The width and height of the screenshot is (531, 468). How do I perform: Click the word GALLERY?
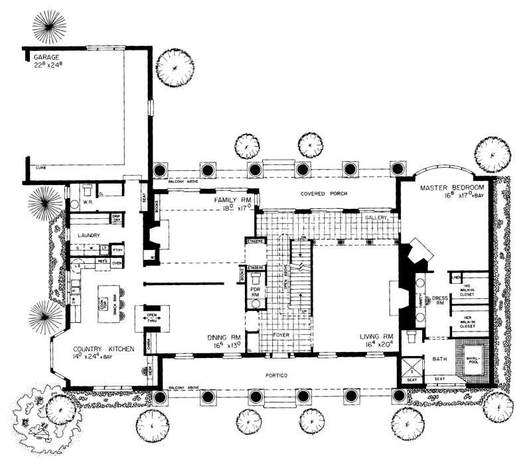[x=377, y=217]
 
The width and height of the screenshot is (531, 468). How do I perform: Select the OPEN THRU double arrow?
[x=152, y=319]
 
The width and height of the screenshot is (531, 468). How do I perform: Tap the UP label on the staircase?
[x=304, y=311]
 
